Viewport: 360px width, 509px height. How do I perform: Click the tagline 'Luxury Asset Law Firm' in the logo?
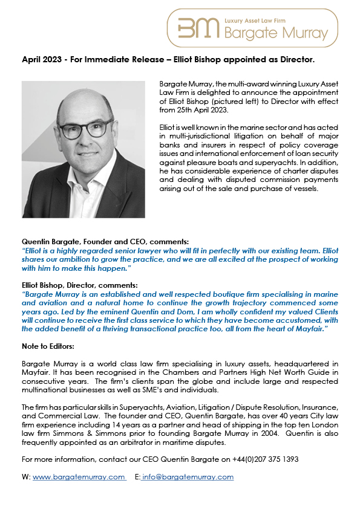pos(259,20)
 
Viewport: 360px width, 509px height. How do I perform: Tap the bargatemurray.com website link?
pos(79,477)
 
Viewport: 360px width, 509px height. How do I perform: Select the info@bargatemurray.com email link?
pos(188,477)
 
